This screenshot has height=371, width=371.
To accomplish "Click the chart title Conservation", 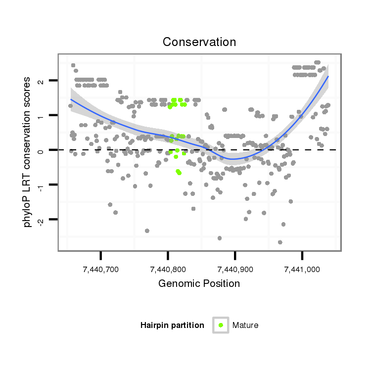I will (199, 42).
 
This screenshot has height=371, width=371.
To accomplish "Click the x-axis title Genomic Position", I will (199, 283).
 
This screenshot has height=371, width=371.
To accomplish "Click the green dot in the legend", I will (221, 325).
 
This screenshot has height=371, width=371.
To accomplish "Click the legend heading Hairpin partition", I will (172, 325).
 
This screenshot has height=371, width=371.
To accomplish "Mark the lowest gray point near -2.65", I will (280, 242).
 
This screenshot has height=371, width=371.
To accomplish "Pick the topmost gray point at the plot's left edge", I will (73, 65).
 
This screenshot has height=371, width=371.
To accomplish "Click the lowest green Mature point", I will (179, 173).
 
